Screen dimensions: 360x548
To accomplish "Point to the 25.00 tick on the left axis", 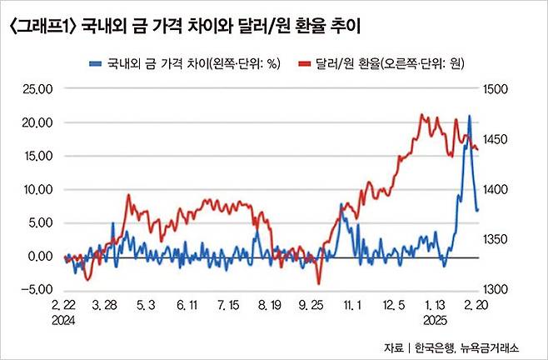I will coord(36,89).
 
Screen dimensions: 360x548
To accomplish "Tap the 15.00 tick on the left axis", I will coord(36,156).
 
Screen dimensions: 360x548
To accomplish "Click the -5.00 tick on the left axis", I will coord(36,289).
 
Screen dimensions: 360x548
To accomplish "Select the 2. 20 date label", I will coord(477,307).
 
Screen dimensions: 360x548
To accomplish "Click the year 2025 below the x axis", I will coord(433,320).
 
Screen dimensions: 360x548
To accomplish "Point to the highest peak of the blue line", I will coord(470,116).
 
